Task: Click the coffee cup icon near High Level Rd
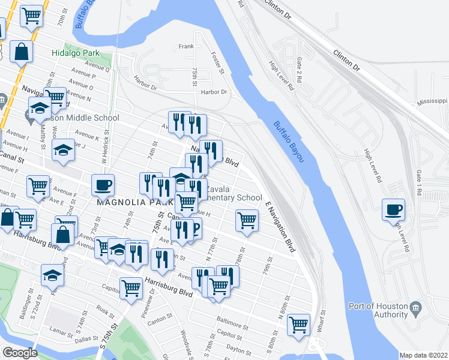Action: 393,210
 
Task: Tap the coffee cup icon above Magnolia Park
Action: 103,185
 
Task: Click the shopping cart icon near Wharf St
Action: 298,325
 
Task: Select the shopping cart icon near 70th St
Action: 32,16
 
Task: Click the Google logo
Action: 20,352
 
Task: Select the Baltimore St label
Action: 233,326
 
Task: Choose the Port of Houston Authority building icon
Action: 415,310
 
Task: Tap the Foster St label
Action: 217,62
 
